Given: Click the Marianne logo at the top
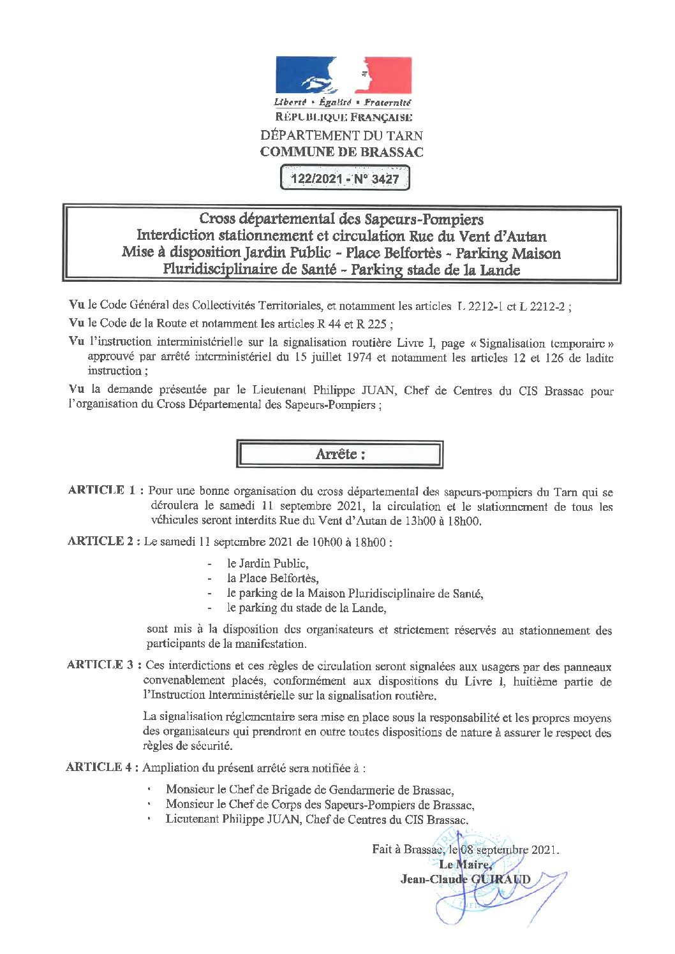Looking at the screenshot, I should point(343,75).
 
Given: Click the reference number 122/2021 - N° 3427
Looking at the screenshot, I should point(345,179).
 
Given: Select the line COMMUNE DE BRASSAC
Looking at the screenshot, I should point(341,152).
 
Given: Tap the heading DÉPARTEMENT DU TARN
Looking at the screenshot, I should point(341,135).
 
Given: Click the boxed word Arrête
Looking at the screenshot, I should point(339,454).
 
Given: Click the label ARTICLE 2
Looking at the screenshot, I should point(103,541).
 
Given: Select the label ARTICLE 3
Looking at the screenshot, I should point(103,664).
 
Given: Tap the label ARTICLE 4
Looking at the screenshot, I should point(102,767).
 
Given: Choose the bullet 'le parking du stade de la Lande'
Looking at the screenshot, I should point(306,608).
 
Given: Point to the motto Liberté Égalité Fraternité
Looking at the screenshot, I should point(343,103).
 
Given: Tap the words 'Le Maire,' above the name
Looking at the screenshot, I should point(465,865).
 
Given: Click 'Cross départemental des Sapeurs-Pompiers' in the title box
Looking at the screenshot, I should point(341,220).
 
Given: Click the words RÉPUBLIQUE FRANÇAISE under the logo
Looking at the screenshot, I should point(343,117).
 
